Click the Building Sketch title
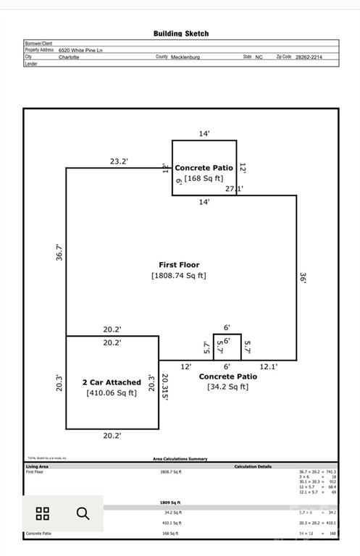(x=180, y=33)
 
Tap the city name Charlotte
(x=70, y=56)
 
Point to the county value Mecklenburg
(x=185, y=56)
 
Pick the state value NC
(x=259, y=56)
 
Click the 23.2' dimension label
(x=119, y=161)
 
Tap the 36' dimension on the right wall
(x=303, y=277)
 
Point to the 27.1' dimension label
(x=233, y=189)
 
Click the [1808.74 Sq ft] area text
(x=179, y=276)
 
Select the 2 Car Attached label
(x=112, y=382)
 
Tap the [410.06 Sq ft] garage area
(x=112, y=393)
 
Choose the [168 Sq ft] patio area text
(x=204, y=178)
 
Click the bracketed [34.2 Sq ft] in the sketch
(x=227, y=387)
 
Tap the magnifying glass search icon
(x=83, y=514)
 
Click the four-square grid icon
(x=43, y=514)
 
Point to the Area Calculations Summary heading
(x=180, y=459)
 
